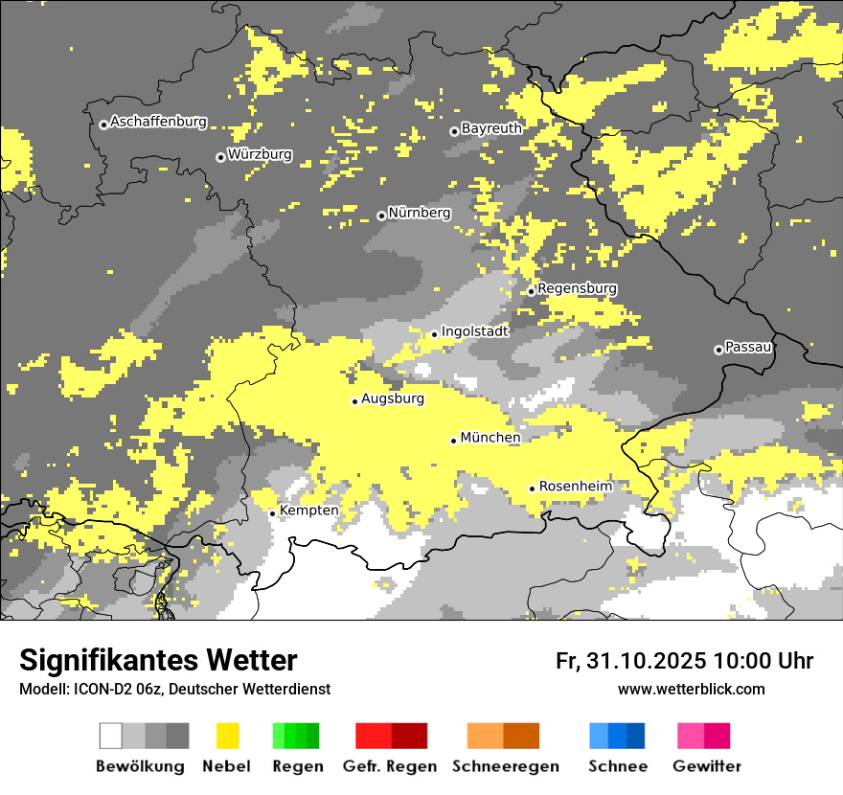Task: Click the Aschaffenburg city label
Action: click(158, 122)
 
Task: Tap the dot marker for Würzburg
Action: click(220, 157)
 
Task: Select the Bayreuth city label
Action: click(491, 128)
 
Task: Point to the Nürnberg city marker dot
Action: click(381, 216)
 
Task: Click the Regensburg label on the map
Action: click(577, 288)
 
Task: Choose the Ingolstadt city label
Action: click(474, 331)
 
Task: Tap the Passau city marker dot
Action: click(718, 350)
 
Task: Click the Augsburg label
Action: click(393, 398)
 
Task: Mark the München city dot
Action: click(454, 441)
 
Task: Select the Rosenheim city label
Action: click(575, 487)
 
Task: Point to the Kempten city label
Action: click(308, 511)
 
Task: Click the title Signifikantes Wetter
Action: click(158, 661)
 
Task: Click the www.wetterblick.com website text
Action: click(691, 690)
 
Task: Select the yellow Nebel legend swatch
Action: click(227, 736)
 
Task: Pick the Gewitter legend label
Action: click(706, 766)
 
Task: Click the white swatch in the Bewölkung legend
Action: click(111, 736)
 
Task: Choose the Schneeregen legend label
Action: click(505, 766)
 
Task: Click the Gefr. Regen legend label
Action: click(390, 766)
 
